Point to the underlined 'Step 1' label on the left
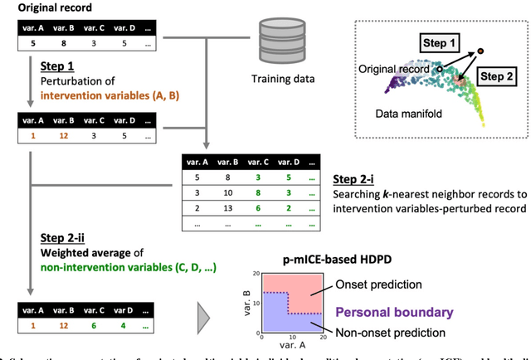(57, 64)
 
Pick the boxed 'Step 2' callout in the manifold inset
(497, 76)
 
